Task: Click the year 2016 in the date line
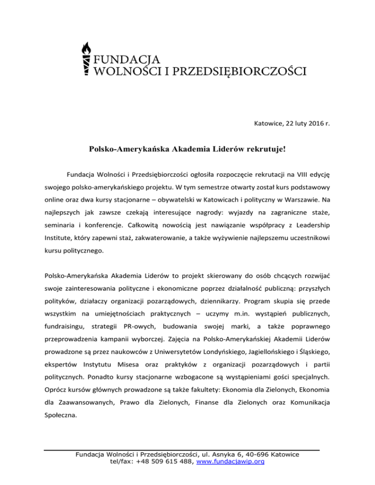pos(310,124)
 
